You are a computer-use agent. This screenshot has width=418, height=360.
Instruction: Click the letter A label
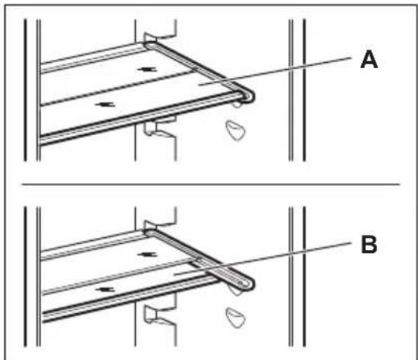tap(369, 60)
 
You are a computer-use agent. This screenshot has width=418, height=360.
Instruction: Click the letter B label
tap(369, 244)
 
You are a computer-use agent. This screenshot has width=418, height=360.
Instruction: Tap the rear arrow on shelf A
tap(146, 70)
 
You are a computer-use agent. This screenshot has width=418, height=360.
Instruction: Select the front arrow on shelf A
tap(105, 105)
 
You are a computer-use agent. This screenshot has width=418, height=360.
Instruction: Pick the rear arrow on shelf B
tap(147, 255)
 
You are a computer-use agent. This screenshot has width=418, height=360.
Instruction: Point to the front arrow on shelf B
tap(105, 290)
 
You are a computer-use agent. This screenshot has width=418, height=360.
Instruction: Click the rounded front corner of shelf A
tap(249, 96)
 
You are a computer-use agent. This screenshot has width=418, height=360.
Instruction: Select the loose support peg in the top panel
tap(235, 130)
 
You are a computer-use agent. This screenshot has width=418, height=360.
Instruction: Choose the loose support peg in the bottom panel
tap(235, 318)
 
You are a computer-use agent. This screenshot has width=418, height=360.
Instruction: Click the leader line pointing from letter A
tap(275, 70)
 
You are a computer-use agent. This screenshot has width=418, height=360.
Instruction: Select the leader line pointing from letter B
tap(262, 258)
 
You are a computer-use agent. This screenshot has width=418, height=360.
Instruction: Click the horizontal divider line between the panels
tap(211, 184)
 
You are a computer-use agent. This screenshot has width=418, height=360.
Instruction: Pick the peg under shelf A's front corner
tap(237, 104)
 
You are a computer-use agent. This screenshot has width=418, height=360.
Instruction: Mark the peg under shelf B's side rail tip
tap(235, 291)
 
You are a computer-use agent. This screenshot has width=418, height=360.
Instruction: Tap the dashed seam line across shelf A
tap(118, 87)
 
